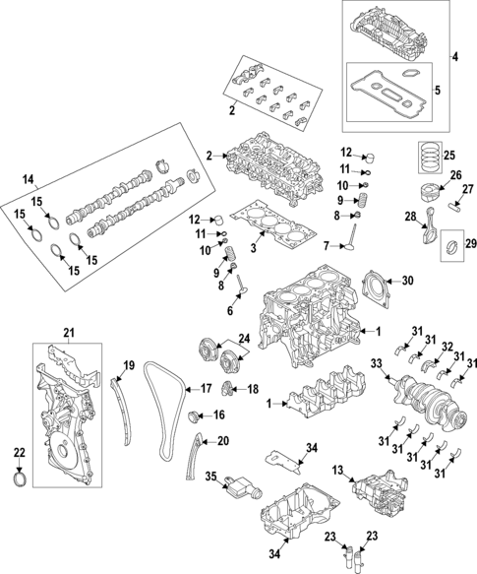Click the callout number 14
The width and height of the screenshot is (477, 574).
[28, 180]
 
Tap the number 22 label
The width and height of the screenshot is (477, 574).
[18, 452]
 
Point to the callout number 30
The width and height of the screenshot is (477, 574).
[407, 280]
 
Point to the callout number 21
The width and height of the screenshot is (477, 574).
[69, 333]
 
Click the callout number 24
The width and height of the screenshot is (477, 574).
[244, 339]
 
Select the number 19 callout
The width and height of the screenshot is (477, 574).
[128, 366]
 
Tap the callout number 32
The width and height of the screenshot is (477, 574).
[447, 346]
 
